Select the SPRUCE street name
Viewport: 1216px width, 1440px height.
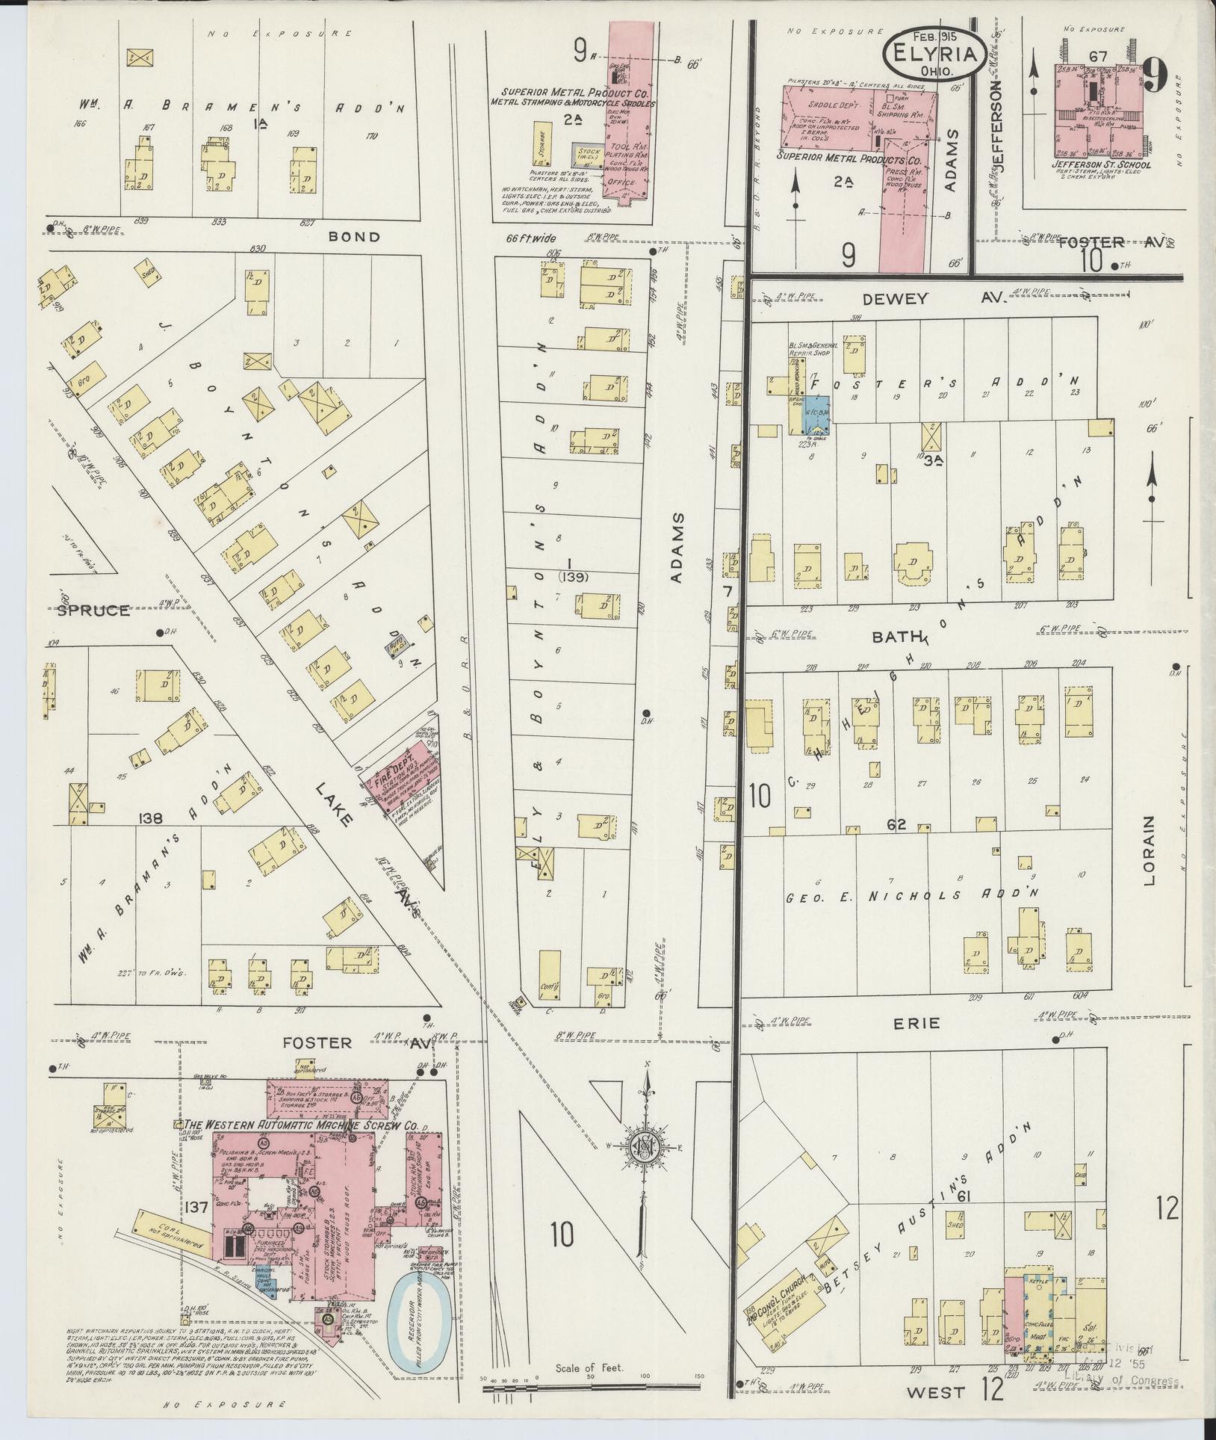93,611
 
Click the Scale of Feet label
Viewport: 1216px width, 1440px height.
589,1368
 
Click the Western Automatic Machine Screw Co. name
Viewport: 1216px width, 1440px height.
305,1125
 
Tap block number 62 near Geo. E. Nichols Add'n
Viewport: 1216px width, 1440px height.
896,826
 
